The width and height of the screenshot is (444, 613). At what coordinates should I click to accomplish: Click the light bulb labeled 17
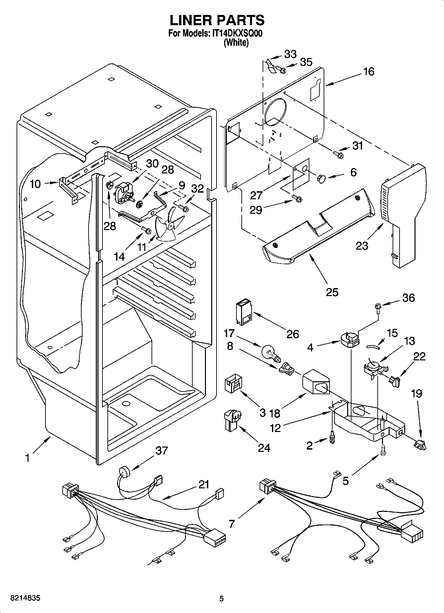click(270, 352)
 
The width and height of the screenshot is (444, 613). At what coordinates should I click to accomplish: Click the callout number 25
click(332, 292)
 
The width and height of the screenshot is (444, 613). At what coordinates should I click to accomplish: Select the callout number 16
click(369, 71)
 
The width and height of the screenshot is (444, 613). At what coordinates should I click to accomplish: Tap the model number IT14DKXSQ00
click(237, 33)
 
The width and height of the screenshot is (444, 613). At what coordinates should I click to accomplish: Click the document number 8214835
click(26, 598)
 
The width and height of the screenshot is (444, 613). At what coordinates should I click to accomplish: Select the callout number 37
click(161, 451)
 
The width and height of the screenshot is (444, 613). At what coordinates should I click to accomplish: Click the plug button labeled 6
click(321, 178)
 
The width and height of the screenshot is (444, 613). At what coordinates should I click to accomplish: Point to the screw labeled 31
click(338, 154)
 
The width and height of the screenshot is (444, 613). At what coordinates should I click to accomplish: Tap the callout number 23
click(362, 246)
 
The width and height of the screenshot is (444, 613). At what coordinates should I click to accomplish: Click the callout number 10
click(35, 184)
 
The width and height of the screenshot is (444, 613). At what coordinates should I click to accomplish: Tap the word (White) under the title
click(236, 43)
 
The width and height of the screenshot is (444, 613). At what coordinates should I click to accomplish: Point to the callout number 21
click(204, 484)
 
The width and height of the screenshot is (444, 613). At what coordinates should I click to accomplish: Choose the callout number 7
click(231, 524)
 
